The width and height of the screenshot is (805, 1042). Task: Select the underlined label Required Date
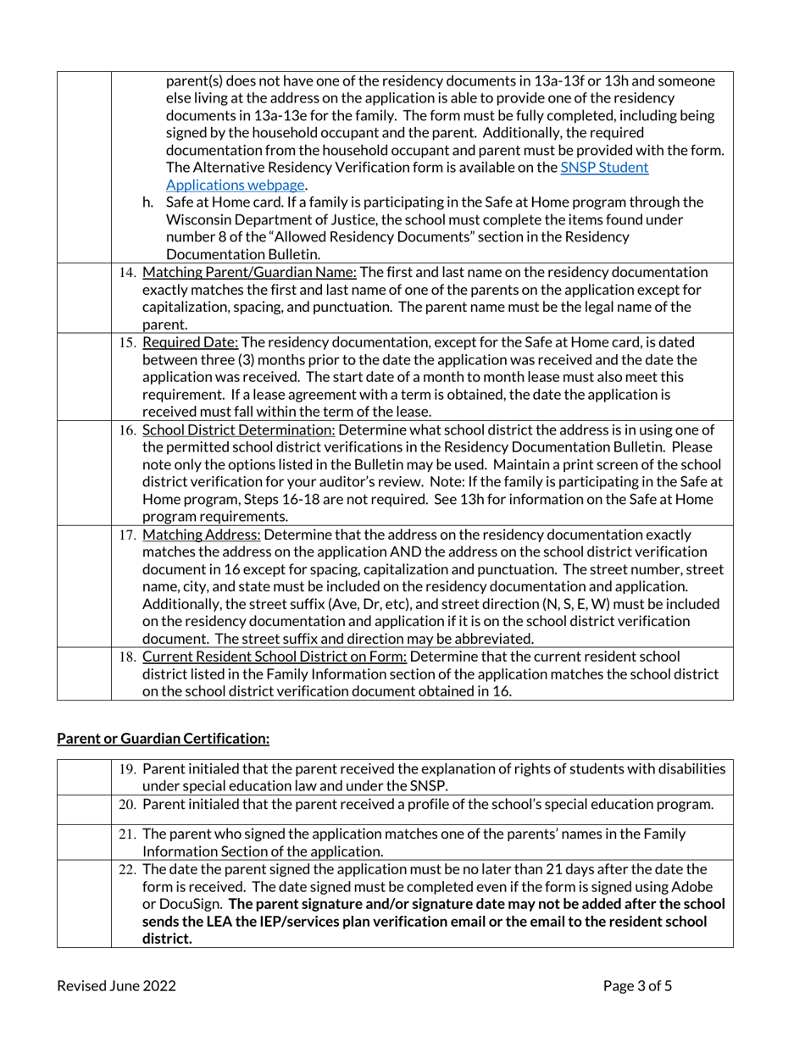(x=192, y=342)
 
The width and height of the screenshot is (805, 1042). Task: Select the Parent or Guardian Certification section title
(x=163, y=739)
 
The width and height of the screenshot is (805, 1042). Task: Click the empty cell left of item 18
(x=84, y=673)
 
